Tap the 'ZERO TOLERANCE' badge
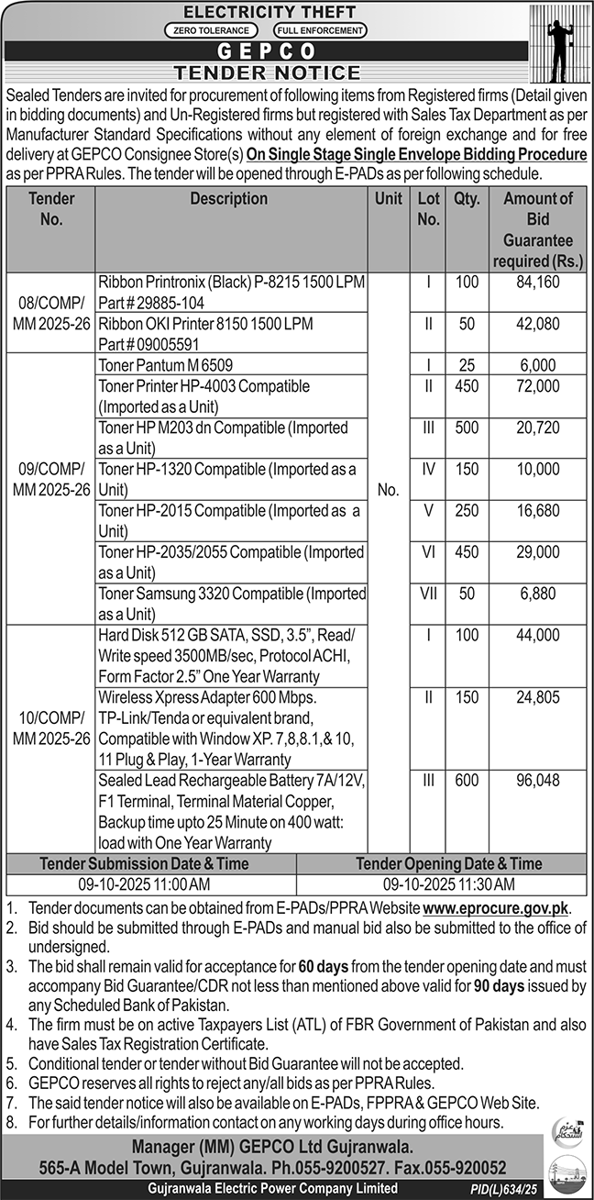(x=207, y=30)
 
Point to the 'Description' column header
(x=229, y=199)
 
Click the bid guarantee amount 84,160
(x=537, y=283)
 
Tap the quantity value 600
(x=467, y=780)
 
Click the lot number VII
(x=428, y=593)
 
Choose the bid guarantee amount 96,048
(x=537, y=780)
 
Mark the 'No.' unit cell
(x=388, y=490)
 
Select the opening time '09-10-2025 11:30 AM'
(x=449, y=885)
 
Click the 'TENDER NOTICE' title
(x=268, y=72)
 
